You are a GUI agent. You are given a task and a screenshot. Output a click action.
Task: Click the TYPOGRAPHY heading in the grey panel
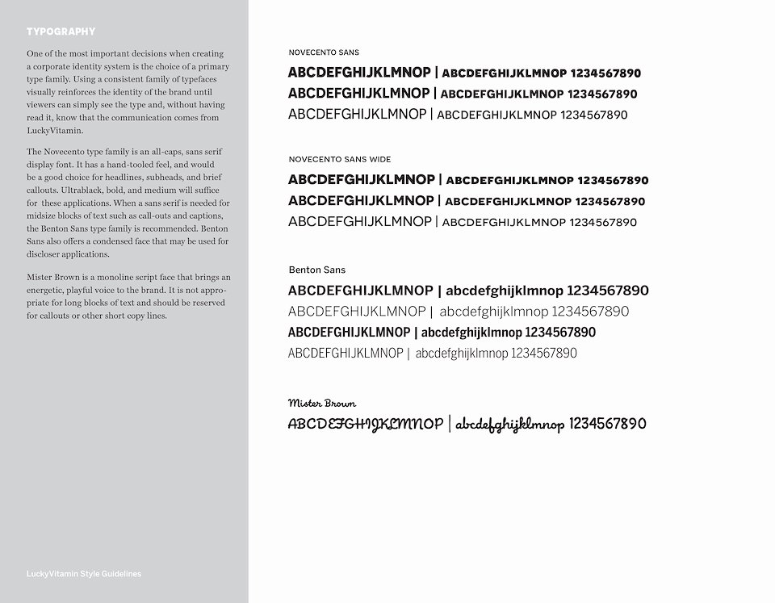61,32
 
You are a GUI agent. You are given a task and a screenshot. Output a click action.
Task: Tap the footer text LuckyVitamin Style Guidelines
84,574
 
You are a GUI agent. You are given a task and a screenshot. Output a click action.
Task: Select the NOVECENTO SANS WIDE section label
339,160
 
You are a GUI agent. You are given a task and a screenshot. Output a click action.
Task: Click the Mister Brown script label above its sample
321,403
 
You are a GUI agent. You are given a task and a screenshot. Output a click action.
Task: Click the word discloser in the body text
45,254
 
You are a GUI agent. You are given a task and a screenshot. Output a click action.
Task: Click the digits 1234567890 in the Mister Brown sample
608,424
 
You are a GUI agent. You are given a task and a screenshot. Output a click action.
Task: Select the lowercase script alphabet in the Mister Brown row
509,425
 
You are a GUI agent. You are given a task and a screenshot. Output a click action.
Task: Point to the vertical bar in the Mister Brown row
450,425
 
